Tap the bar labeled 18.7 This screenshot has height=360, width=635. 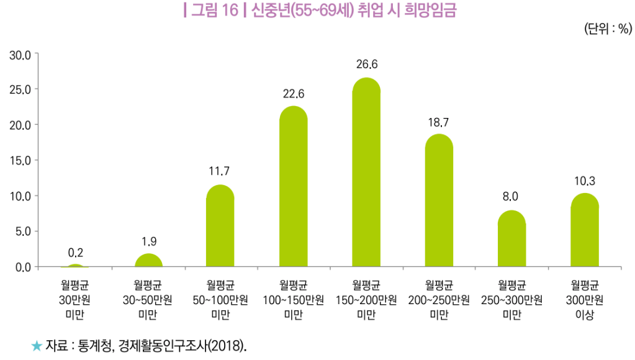[x=439, y=202]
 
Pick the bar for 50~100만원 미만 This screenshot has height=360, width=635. [x=220, y=227]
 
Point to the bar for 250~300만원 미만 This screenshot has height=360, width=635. [x=511, y=240]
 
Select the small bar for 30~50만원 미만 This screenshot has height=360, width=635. [x=148, y=261]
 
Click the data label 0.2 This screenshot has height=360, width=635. [x=75, y=253]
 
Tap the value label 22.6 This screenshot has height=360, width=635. [x=293, y=94]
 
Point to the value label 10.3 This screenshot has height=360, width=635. [x=585, y=182]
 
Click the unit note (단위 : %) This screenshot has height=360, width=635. [x=607, y=29]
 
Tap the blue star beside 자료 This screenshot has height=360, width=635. [x=37, y=345]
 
